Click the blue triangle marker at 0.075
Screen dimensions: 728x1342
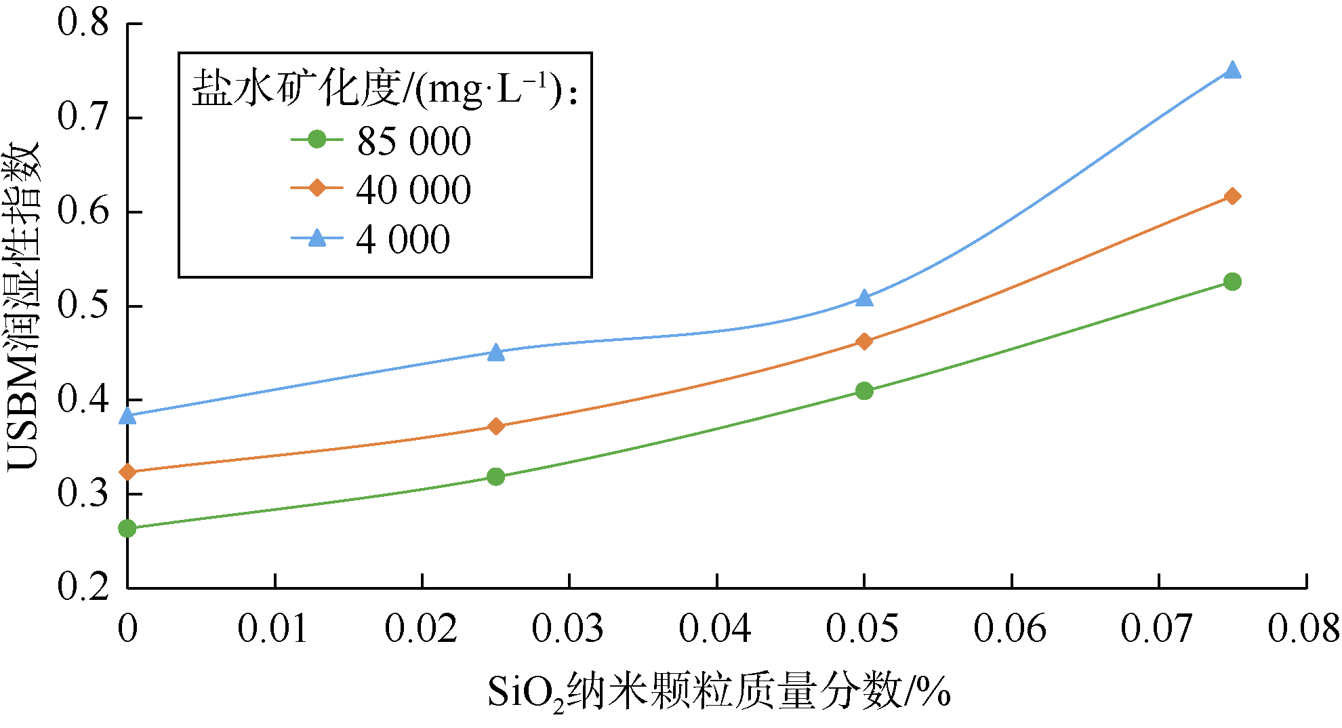coord(1232,70)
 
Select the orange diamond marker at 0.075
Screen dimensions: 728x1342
coord(1232,197)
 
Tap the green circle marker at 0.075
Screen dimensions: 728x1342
coord(1232,282)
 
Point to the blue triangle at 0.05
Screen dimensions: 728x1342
coord(864,298)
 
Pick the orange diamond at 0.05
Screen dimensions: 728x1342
coord(864,341)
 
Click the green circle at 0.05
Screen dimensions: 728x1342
coord(864,391)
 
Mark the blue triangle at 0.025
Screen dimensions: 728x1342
coord(496,352)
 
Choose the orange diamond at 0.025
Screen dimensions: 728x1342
coord(496,426)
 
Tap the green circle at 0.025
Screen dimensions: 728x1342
coord(496,477)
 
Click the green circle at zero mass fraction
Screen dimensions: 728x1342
coord(127,529)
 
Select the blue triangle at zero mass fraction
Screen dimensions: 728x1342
coord(127,416)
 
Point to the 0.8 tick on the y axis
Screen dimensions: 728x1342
coord(83,23)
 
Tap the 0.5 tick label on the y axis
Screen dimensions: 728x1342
coord(83,306)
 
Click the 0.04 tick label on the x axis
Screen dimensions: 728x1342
coord(716,628)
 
